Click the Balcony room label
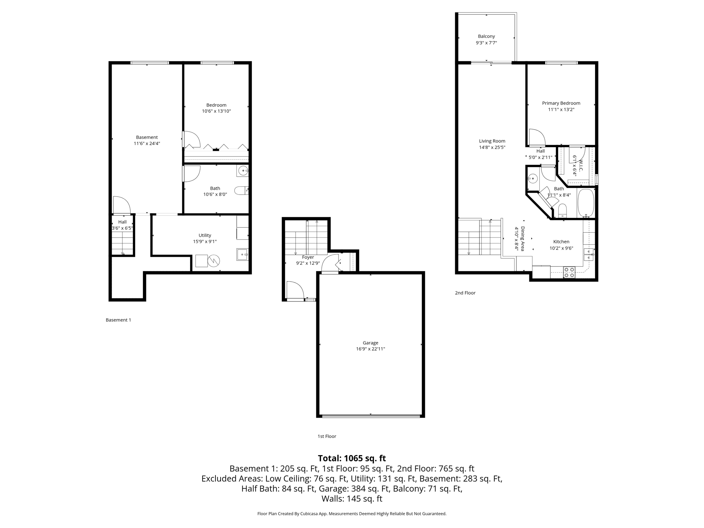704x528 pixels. pos(486,36)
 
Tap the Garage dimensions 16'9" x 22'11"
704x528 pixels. pos(370,349)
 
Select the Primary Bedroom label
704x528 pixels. pos(561,103)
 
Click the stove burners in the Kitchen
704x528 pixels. pos(569,273)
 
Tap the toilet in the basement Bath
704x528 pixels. pos(242,190)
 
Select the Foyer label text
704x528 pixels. pos(308,257)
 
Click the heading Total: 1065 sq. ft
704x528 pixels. pos(352,458)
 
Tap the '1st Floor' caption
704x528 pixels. pos(327,436)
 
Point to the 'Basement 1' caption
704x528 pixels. pos(118,320)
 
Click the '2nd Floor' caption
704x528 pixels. pos(465,293)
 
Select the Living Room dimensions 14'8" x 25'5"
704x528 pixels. pos(492,147)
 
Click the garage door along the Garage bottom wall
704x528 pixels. pos(371,416)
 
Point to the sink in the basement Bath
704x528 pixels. pos(243,170)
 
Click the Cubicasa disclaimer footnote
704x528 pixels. pos(352,514)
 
